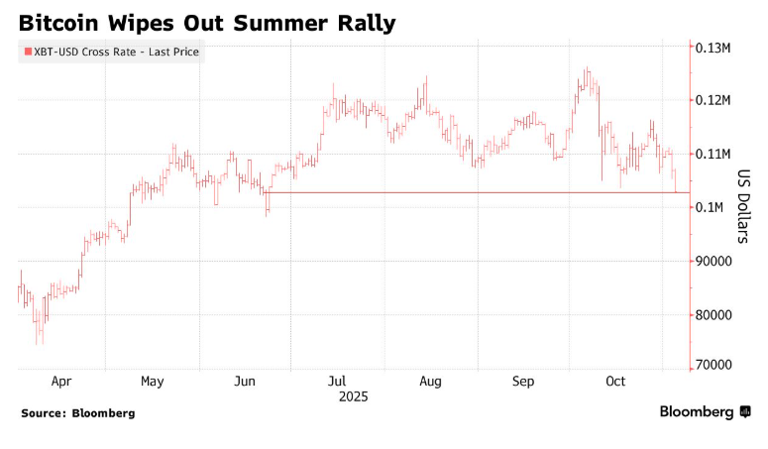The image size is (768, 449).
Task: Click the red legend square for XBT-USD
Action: click(27, 53)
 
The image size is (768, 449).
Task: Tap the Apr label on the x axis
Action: click(60, 381)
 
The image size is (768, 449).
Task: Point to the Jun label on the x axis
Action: click(246, 381)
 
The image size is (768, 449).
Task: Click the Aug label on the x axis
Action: click(430, 381)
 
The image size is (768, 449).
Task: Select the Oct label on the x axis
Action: click(615, 381)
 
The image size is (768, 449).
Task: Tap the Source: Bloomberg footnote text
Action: click(77, 412)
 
